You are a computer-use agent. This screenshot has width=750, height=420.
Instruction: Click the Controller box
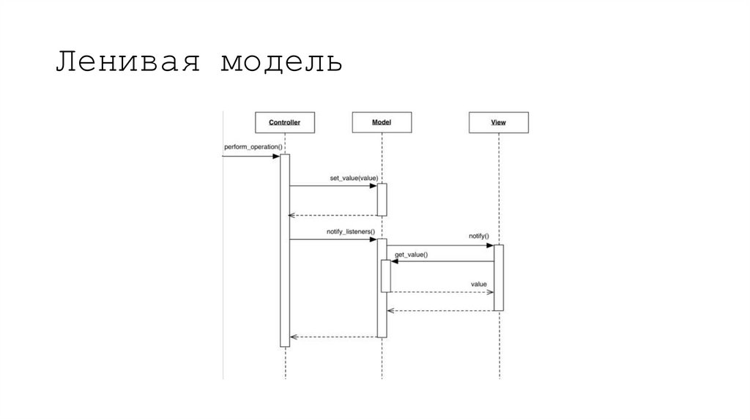tap(284, 122)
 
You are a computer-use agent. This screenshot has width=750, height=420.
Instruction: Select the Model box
tap(381, 122)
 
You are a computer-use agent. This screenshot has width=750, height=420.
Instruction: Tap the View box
tap(498, 122)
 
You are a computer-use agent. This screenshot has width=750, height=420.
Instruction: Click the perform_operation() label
tap(253, 147)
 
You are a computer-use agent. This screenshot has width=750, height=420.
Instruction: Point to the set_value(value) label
tap(354, 177)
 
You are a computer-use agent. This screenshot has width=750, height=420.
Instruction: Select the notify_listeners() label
tap(350, 231)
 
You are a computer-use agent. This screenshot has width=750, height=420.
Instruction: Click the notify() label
tap(479, 236)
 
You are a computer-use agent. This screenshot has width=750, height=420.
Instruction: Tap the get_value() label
tap(412, 254)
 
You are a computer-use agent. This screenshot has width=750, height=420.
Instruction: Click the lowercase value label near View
tap(479, 283)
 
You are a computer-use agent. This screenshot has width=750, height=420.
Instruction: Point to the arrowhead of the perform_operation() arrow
tap(275, 156)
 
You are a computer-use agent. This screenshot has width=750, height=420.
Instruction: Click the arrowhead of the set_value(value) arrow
tap(373, 186)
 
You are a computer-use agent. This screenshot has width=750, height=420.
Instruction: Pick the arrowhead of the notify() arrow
tap(489, 246)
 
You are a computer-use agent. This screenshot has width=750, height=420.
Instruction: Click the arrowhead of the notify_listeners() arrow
tap(373, 239)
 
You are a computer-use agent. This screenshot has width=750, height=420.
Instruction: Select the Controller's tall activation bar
tap(285, 249)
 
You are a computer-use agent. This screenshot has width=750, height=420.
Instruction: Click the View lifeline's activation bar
tap(498, 278)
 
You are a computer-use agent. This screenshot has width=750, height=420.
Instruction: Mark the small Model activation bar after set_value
tap(382, 199)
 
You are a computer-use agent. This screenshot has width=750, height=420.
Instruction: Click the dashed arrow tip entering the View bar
tap(491, 293)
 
